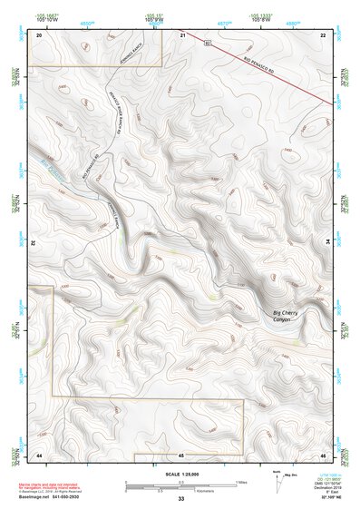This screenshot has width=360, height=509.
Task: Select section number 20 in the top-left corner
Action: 39,34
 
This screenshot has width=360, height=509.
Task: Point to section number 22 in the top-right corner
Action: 324,34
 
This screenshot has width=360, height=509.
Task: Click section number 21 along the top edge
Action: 182,34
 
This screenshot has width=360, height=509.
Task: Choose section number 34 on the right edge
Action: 328,243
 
